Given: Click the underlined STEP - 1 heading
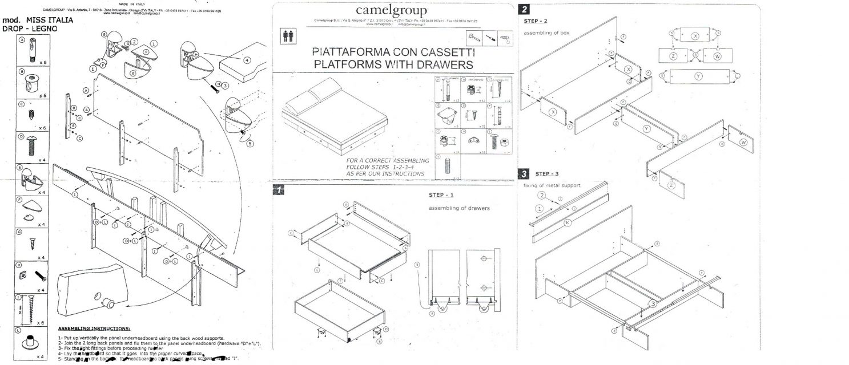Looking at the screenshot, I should point(440,195).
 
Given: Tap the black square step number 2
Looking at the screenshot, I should point(524,9).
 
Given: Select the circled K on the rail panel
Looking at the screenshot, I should point(583,223).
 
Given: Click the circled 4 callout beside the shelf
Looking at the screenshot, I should point(247,59).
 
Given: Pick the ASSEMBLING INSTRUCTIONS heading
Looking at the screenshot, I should point(95,329).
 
